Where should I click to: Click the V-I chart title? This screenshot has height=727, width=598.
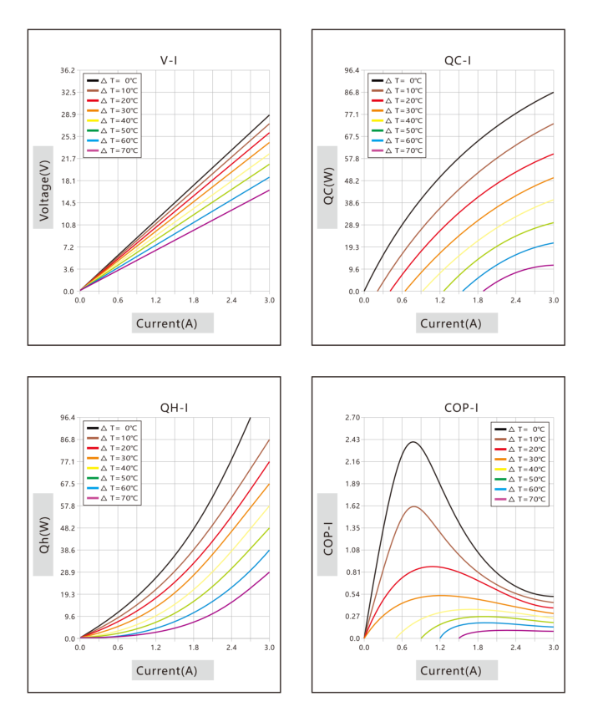pyautogui.click(x=169, y=61)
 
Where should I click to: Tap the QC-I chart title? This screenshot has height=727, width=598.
pyautogui.click(x=458, y=61)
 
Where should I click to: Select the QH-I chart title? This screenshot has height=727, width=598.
pyautogui.click(x=174, y=408)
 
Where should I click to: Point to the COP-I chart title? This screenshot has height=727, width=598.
pyautogui.click(x=461, y=408)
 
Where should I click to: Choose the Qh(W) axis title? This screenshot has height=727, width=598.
pyautogui.click(x=44, y=535)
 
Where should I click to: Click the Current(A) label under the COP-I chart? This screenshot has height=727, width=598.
pyautogui.click(x=450, y=671)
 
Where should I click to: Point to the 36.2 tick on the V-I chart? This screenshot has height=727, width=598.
pyautogui.click(x=67, y=70)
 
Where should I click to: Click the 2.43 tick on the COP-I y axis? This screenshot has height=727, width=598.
pyautogui.click(x=352, y=440)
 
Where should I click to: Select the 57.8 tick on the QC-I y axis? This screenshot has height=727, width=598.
pyautogui.click(x=352, y=159)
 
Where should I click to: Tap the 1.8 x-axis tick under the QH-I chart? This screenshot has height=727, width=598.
pyautogui.click(x=194, y=648)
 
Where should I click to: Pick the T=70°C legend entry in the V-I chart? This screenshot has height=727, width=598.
pyautogui.click(x=112, y=150)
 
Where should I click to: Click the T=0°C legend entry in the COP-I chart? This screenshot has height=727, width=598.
pyautogui.click(x=519, y=430)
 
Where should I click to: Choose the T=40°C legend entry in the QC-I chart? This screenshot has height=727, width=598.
pyautogui.click(x=397, y=120)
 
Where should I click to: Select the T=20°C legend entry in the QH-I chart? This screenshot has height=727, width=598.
pyautogui.click(x=112, y=448)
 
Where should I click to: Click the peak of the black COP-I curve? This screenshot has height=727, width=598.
pyautogui.click(x=413, y=442)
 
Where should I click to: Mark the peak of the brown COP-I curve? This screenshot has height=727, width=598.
pyautogui.click(x=413, y=506)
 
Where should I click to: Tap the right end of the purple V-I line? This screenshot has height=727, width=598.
pyautogui.click(x=269, y=190)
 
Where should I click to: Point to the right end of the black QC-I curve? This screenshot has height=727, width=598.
pyautogui.click(x=554, y=92)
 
